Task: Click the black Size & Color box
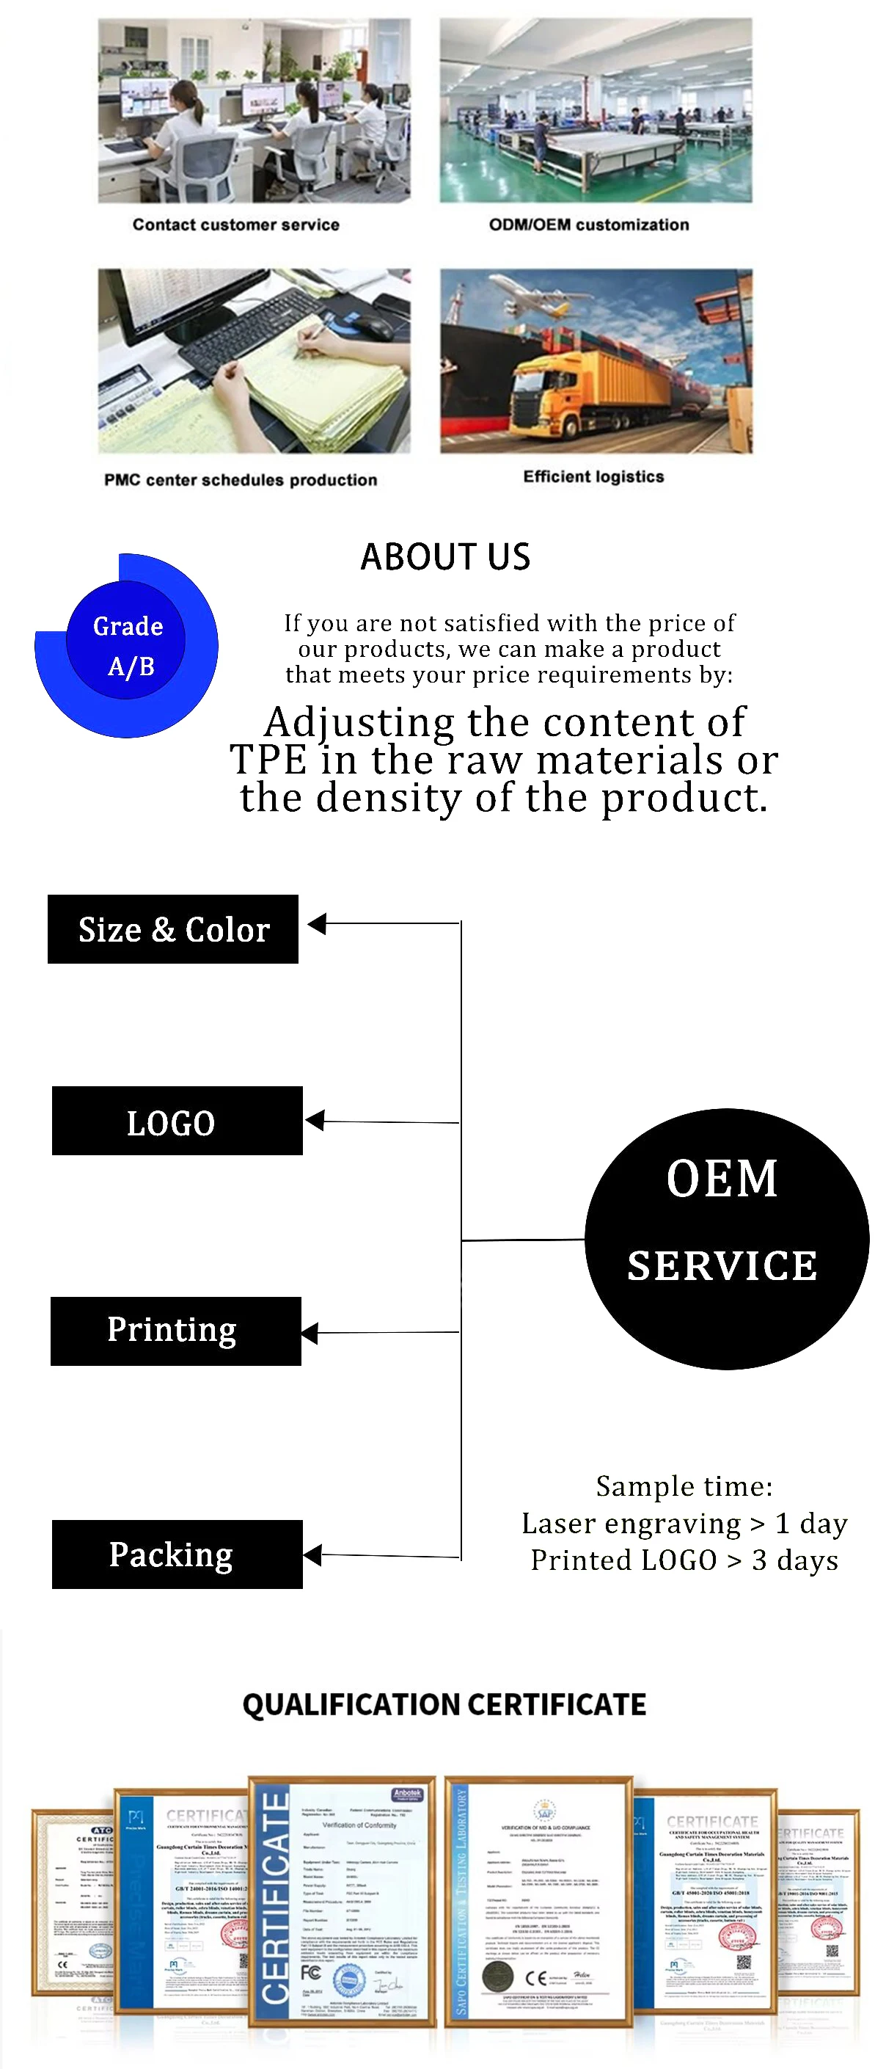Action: point(172,929)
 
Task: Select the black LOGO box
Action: point(177,1121)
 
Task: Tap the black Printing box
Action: point(175,1331)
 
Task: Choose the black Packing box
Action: point(177,1555)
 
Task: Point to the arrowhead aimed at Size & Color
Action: point(317,923)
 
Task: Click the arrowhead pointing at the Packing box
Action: point(313,1555)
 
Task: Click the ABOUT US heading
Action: point(444,556)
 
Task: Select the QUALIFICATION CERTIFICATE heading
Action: point(444,1703)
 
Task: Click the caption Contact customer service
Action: point(235,225)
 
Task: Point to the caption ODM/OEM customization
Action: point(588,225)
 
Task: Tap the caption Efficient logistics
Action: point(593,476)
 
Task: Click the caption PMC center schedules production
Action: point(240,479)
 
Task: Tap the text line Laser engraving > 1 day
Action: point(684,1523)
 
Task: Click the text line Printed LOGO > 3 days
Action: point(684,1560)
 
